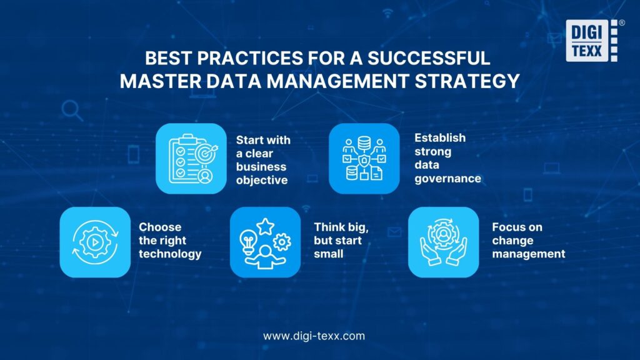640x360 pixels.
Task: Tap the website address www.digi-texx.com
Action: [x=314, y=336]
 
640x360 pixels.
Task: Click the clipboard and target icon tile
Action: [x=191, y=158]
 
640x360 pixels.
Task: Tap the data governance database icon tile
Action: [x=364, y=158]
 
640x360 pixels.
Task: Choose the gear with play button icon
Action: [x=95, y=242]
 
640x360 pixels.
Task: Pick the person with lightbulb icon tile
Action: [x=265, y=242]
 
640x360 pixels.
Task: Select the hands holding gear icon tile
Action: [x=443, y=242]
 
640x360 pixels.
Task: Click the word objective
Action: [x=262, y=181]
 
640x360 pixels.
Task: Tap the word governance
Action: [x=447, y=178]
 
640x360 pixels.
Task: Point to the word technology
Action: [x=170, y=254]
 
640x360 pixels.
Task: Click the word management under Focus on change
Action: [x=528, y=254]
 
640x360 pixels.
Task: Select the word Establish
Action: [x=440, y=137]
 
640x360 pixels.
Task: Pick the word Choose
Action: [x=160, y=227]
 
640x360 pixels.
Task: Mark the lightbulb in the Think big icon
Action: [x=249, y=240]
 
